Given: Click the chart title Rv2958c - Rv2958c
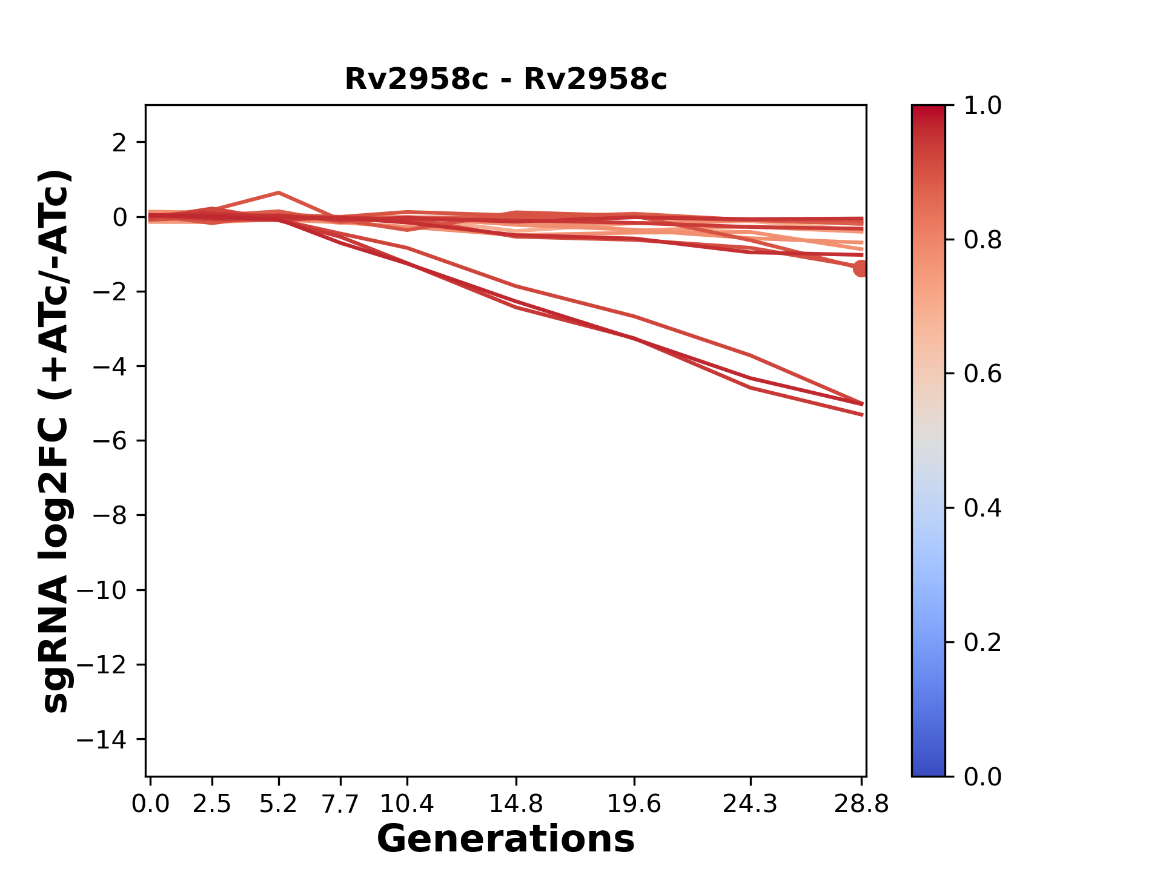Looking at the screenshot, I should [506, 79].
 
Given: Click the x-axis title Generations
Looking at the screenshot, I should [506, 839].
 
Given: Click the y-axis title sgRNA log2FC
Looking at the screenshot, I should [56, 441].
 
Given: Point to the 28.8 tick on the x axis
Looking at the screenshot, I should [861, 804].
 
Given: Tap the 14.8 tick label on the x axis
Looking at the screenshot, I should [515, 804].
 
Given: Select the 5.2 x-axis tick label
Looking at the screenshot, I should [278, 804].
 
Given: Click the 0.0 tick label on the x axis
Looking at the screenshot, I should [150, 804].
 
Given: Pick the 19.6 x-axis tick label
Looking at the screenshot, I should [634, 804].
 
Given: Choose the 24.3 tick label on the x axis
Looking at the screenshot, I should [750, 804].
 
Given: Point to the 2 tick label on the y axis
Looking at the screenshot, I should [119, 143].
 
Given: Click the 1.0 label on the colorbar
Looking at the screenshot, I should [982, 106].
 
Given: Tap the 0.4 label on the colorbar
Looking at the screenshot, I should [982, 508].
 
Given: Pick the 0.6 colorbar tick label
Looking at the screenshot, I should [982, 374].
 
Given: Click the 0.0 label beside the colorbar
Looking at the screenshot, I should [982, 776].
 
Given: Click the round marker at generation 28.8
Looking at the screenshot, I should [861, 268].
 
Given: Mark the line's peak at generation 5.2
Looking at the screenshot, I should [278, 193].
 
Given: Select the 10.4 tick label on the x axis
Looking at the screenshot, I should [406, 804].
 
